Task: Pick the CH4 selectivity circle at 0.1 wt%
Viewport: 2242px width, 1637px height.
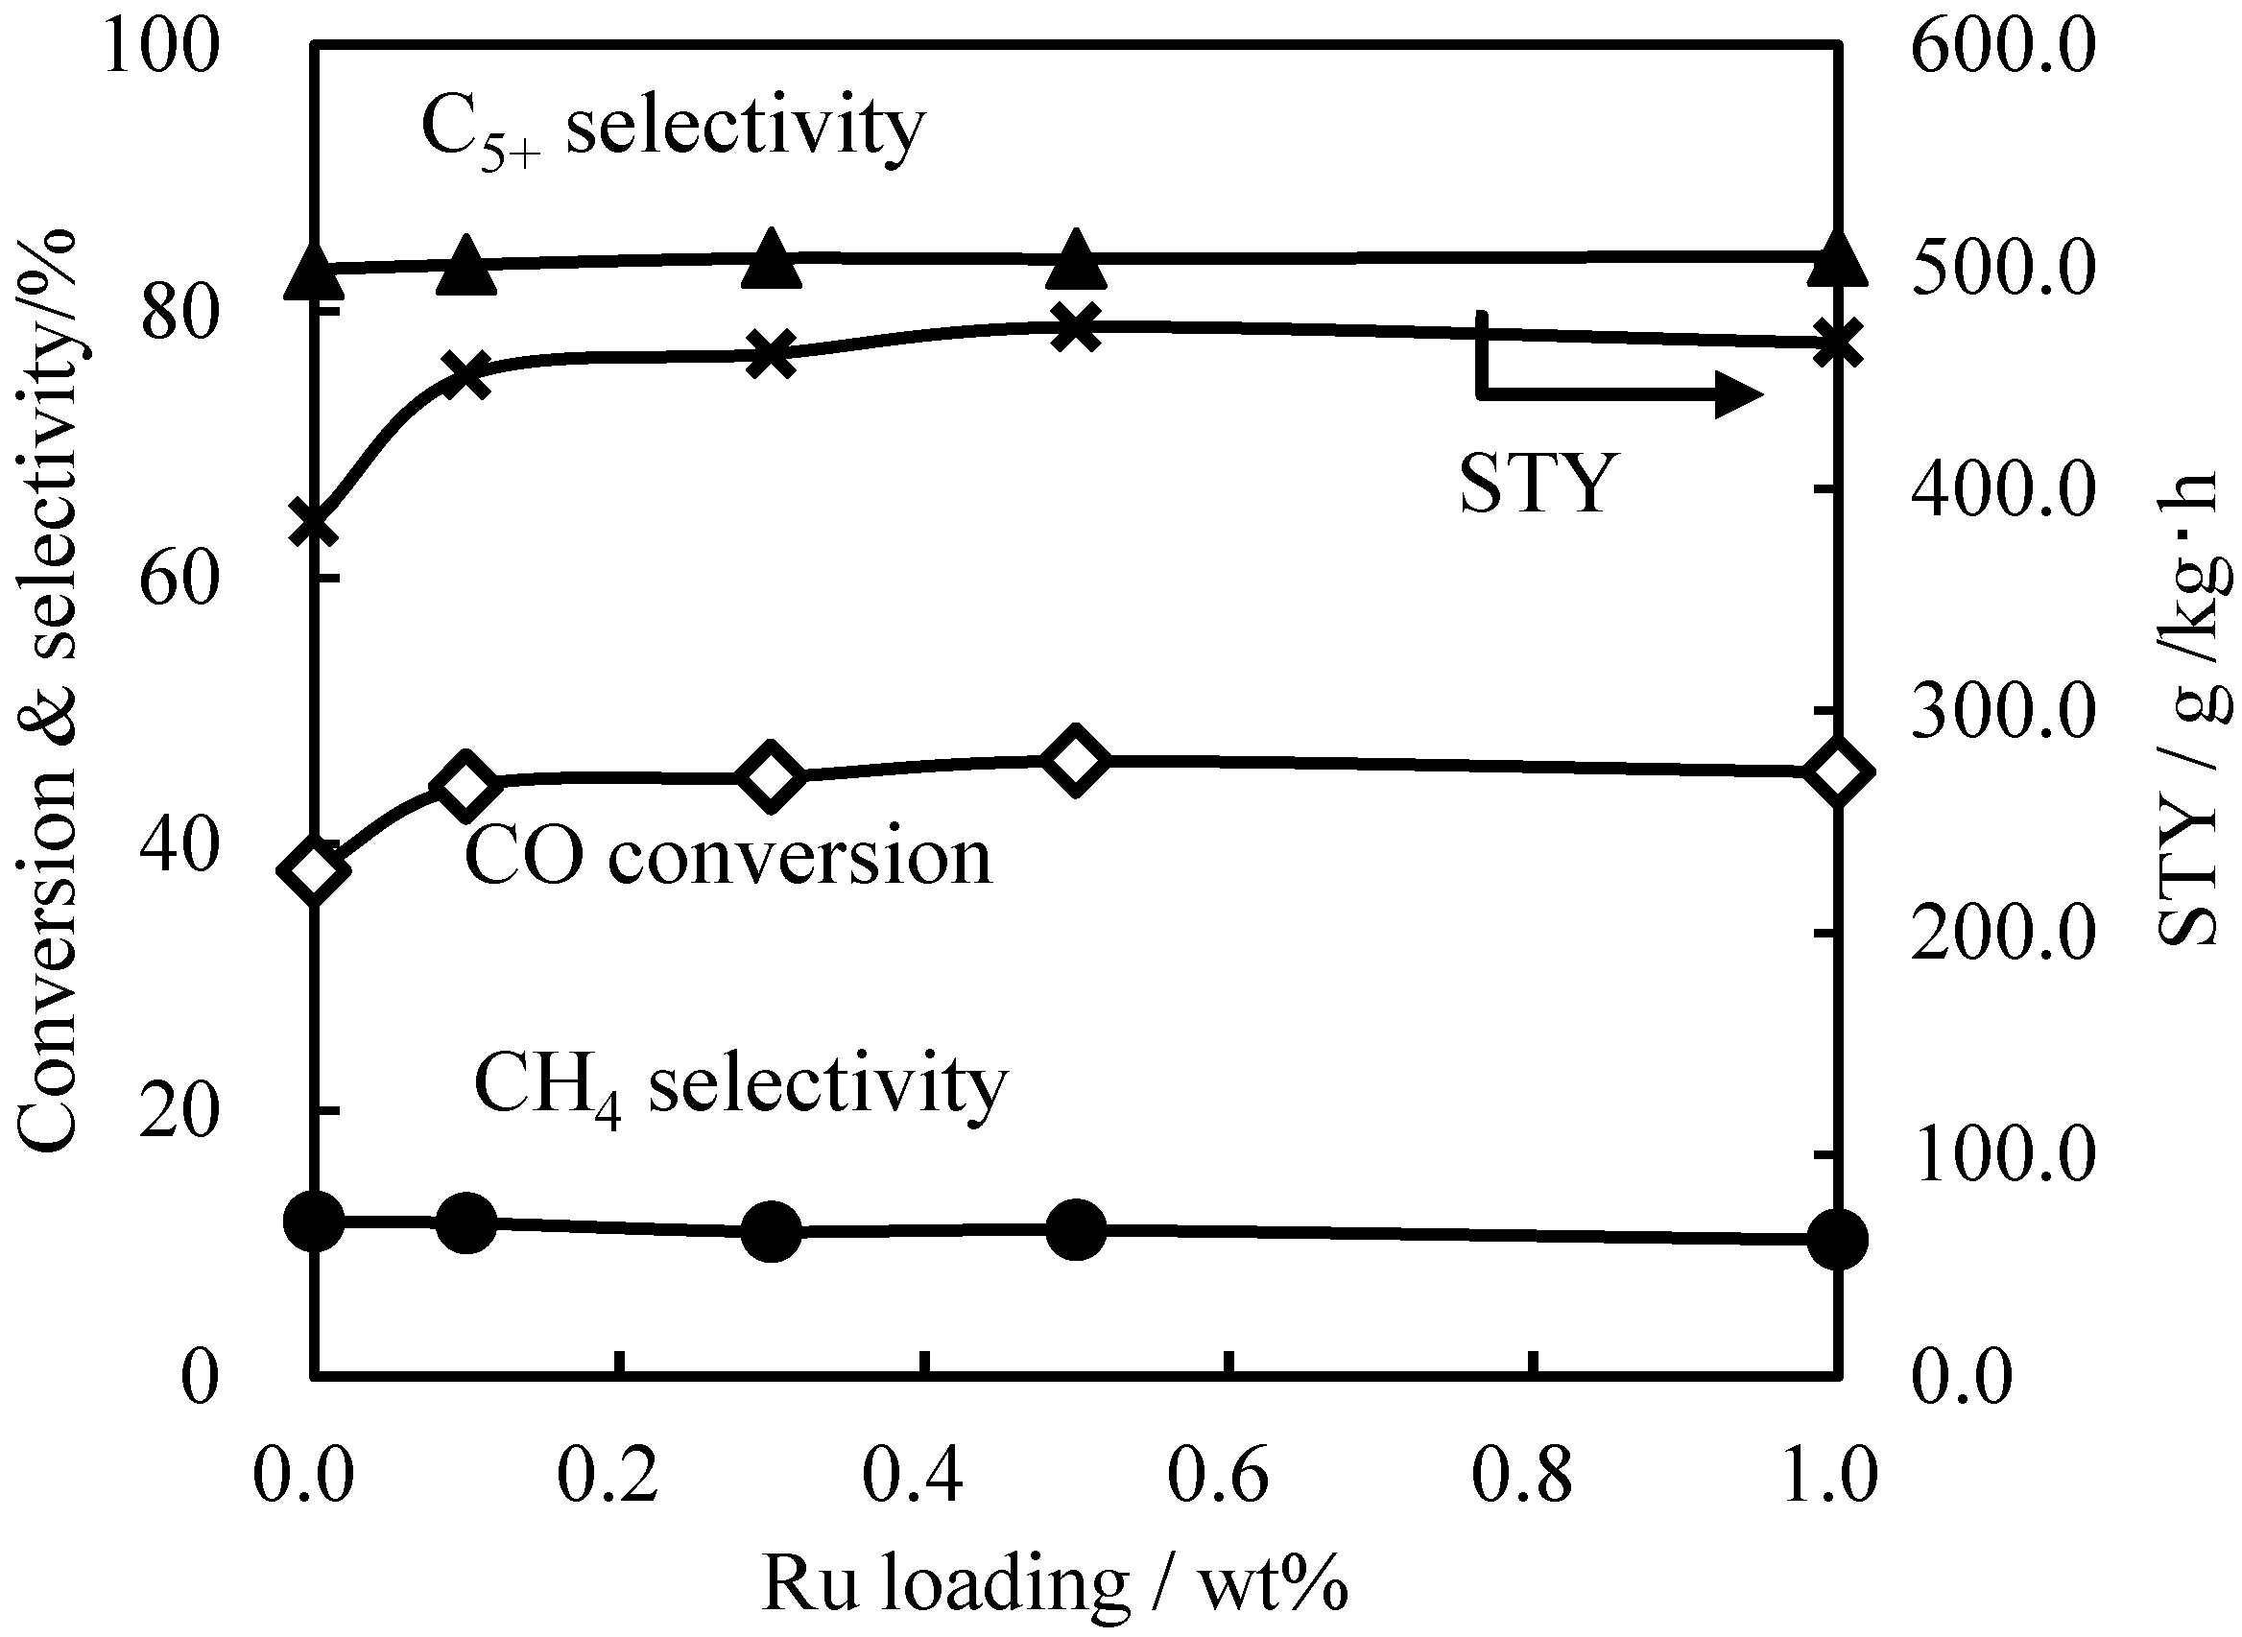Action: [x=465, y=1222]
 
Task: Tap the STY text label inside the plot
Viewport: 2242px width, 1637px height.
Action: [x=1538, y=484]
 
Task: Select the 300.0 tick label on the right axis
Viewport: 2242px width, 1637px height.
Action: [x=2002, y=711]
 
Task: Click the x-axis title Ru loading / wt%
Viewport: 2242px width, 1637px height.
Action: [x=1055, y=1583]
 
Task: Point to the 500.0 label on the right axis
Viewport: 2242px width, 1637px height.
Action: [x=2002, y=269]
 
